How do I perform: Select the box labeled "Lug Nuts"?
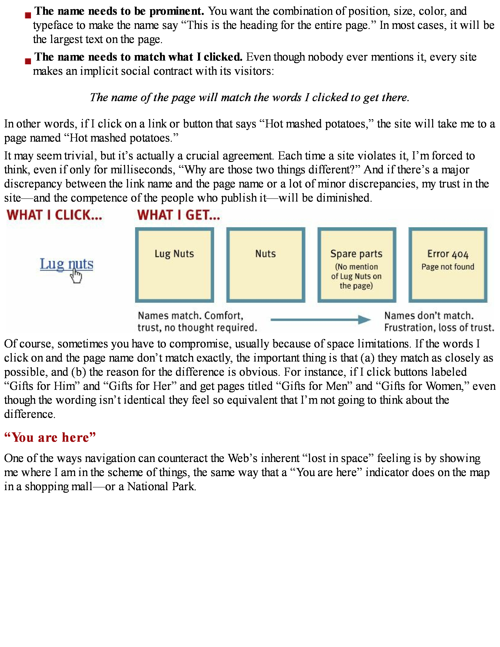175,265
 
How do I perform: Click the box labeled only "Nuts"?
265,265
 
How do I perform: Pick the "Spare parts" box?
357,265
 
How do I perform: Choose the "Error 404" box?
448,265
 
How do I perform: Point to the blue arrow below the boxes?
320,319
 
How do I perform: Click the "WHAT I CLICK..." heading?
55,215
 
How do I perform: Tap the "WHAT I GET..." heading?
179,215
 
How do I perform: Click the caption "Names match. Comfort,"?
190,315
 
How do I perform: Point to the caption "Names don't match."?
429,315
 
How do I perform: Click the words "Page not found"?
448,267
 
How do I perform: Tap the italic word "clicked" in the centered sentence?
330,97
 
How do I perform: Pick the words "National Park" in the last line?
161,486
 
